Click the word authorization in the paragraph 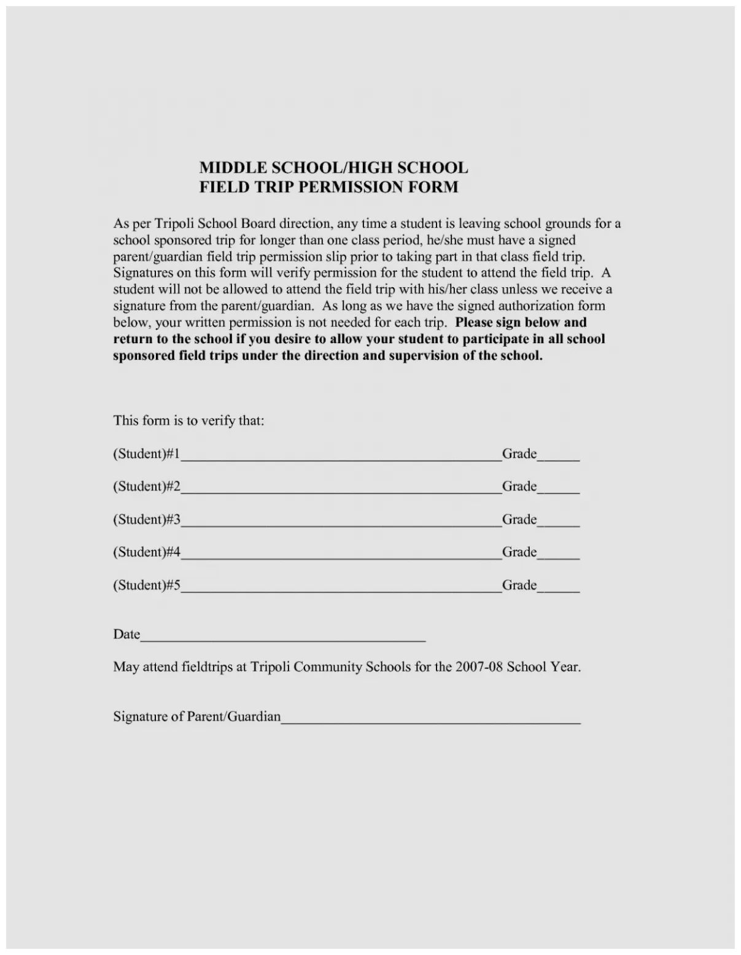coord(536,306)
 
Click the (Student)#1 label coord(146,454)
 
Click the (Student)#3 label coord(146,520)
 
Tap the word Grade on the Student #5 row coord(519,585)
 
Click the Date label coord(126,635)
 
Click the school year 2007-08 coord(479,667)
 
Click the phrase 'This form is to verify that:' coord(188,421)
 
